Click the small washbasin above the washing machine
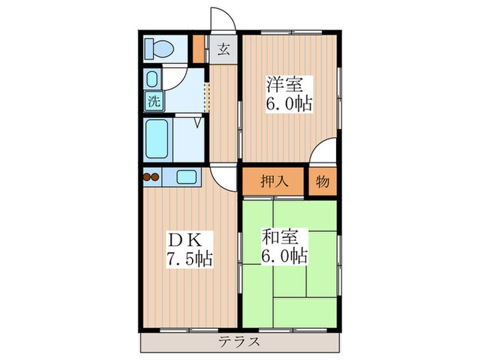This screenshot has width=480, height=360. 152,79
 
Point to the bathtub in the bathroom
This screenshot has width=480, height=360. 157,139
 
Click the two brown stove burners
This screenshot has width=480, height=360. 151,177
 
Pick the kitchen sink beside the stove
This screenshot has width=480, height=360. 187,176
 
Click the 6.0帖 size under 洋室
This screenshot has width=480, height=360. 288,104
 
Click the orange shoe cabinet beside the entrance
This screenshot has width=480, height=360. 198,48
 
